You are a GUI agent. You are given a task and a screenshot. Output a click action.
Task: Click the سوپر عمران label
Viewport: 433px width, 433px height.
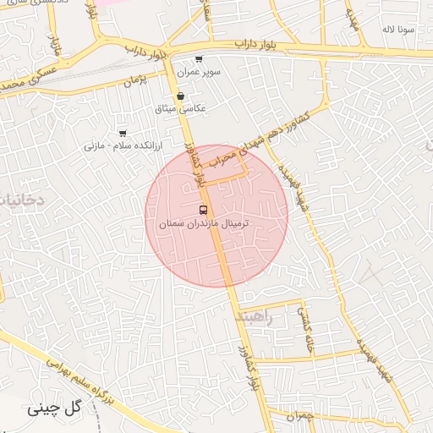coord(199,73)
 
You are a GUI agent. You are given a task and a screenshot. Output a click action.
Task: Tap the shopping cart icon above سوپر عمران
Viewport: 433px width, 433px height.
coord(199,59)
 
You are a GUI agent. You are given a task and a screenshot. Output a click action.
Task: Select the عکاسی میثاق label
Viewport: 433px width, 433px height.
coord(181,109)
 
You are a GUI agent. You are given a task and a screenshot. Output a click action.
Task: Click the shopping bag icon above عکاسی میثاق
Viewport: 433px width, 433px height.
coord(181,96)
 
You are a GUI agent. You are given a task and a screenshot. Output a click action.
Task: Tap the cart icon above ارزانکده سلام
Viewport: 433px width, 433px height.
coord(123,133)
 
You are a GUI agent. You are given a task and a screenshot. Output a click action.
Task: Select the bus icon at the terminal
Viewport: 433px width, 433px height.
coord(203,209)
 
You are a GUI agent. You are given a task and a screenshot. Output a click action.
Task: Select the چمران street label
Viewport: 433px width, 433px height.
coord(299,415)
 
